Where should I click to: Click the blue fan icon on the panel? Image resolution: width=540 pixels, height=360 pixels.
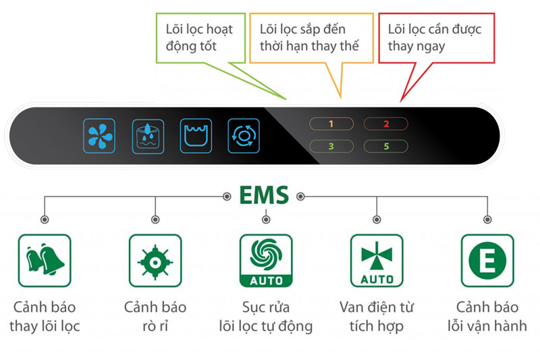pos(100,134)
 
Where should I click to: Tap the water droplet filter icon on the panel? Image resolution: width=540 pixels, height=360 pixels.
pos(148,134)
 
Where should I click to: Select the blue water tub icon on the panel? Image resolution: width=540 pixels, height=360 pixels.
pos(196,134)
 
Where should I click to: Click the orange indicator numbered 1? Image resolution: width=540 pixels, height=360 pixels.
pos(331,124)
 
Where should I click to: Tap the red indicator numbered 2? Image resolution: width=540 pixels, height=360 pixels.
pos(386,124)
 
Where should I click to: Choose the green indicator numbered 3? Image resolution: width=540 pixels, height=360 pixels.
pos(331,146)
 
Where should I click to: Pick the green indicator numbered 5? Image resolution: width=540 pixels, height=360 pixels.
pos(386,146)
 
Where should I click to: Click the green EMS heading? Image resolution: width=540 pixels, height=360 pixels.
pos(263,196)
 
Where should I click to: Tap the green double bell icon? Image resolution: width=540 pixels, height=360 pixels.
pos(45,260)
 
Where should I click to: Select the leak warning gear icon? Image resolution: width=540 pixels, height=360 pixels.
pos(155,260)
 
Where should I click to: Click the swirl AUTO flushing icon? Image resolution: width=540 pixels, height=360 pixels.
pos(266,260)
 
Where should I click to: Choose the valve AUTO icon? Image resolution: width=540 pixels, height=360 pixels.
pos(377,260)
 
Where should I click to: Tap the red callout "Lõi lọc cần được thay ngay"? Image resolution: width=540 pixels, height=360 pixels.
pos(434,38)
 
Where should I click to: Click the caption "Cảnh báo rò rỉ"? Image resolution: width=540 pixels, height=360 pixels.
pos(155,317)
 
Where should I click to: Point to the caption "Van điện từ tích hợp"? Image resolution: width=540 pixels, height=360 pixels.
pos(377,317)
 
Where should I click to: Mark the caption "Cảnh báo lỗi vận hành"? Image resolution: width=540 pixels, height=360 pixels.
pos(487,317)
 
